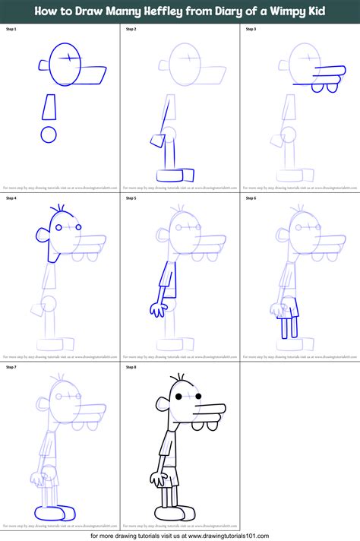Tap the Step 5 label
[x=131, y=198]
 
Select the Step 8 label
[x=131, y=368]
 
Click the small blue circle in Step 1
[x=49, y=135]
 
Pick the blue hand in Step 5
[x=158, y=308]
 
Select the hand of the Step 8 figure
[x=157, y=479]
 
